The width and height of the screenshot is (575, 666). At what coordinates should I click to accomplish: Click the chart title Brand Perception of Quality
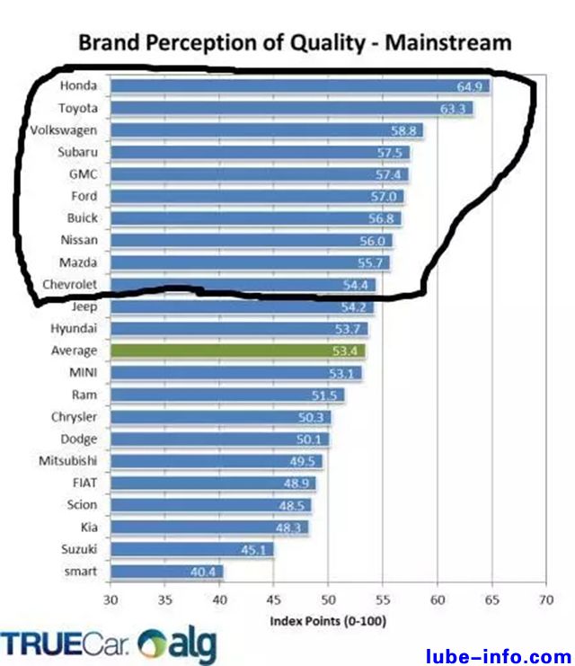point(295,42)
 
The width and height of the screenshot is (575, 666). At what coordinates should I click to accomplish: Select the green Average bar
point(237,351)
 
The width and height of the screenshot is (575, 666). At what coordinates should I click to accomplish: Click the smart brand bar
point(166,571)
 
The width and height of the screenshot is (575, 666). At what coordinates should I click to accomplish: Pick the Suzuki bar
point(191,549)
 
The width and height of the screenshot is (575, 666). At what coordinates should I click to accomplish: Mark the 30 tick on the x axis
point(111,600)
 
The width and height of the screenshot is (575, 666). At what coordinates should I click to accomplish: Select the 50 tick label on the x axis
point(328,600)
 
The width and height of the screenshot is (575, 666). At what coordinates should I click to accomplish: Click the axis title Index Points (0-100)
point(328,621)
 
